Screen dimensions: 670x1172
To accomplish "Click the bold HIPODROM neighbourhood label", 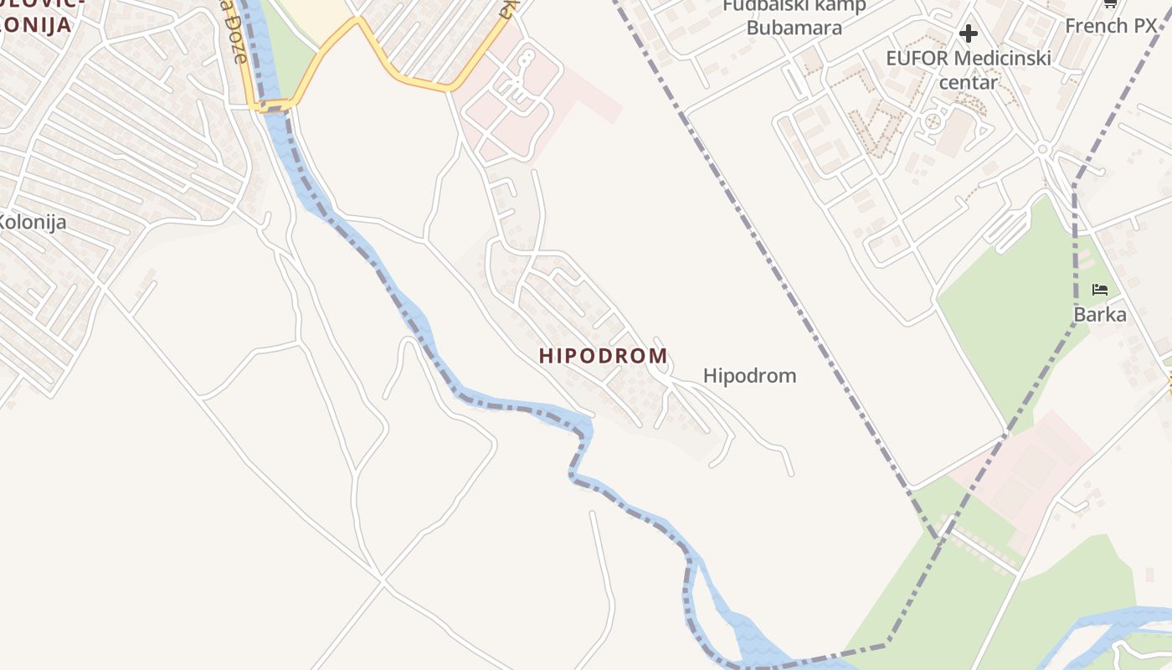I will (603, 356).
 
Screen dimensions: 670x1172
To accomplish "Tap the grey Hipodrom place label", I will (749, 375).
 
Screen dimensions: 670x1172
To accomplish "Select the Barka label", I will (1100, 315).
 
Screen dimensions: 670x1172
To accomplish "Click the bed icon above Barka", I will (1100, 290).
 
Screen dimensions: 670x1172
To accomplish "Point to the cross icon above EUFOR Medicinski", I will (969, 33).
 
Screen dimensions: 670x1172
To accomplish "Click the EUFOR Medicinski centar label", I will (969, 70).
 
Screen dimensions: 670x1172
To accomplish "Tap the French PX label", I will (1110, 26).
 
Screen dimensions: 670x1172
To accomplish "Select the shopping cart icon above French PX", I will (1110, 3).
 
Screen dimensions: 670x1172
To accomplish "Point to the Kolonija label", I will (32, 223).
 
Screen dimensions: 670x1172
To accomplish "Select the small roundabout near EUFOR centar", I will (1042, 149).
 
